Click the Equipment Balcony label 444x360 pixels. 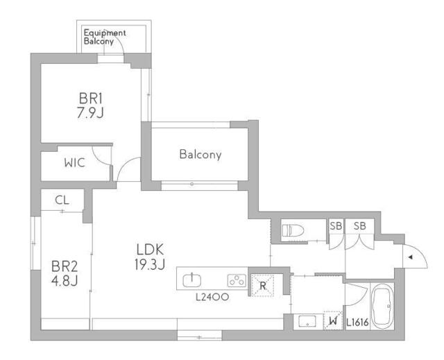[x=104, y=37]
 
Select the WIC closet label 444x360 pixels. [x=75, y=163]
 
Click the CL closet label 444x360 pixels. [x=62, y=200]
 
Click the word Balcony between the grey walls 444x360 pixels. [x=200, y=155]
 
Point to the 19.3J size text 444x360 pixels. [x=149, y=263]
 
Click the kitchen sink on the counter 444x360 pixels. [x=192, y=280]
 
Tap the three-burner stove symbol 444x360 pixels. [x=236, y=280]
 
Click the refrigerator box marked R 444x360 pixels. [x=262, y=284]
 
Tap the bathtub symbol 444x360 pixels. [x=381, y=307]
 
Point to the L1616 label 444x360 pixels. [x=357, y=323]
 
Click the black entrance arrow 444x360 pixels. [x=410, y=257]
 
